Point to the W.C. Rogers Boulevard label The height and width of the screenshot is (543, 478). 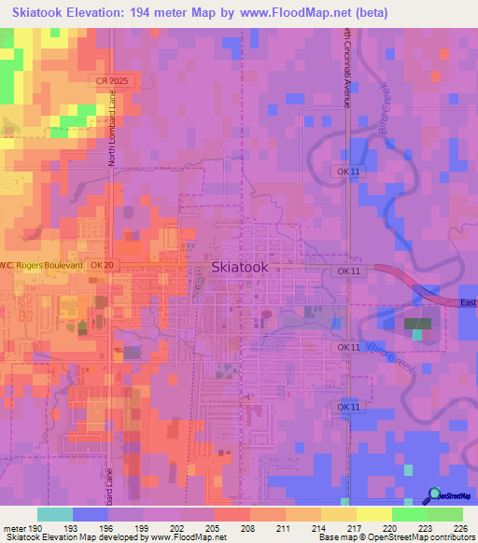(41, 266)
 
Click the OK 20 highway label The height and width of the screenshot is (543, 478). (102, 266)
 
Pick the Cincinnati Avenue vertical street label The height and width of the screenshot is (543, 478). (345, 70)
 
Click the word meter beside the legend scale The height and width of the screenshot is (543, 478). (14, 529)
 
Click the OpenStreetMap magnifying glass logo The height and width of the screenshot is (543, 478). (435, 494)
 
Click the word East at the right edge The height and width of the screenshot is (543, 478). (468, 302)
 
